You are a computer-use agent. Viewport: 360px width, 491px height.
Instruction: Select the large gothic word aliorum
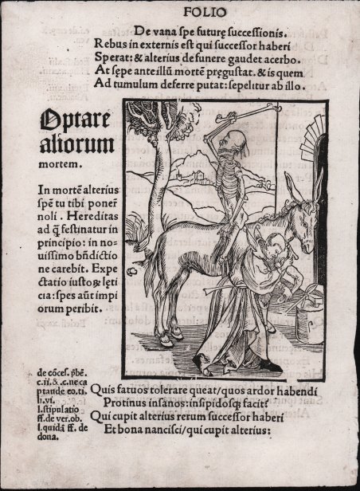point(73,147)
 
